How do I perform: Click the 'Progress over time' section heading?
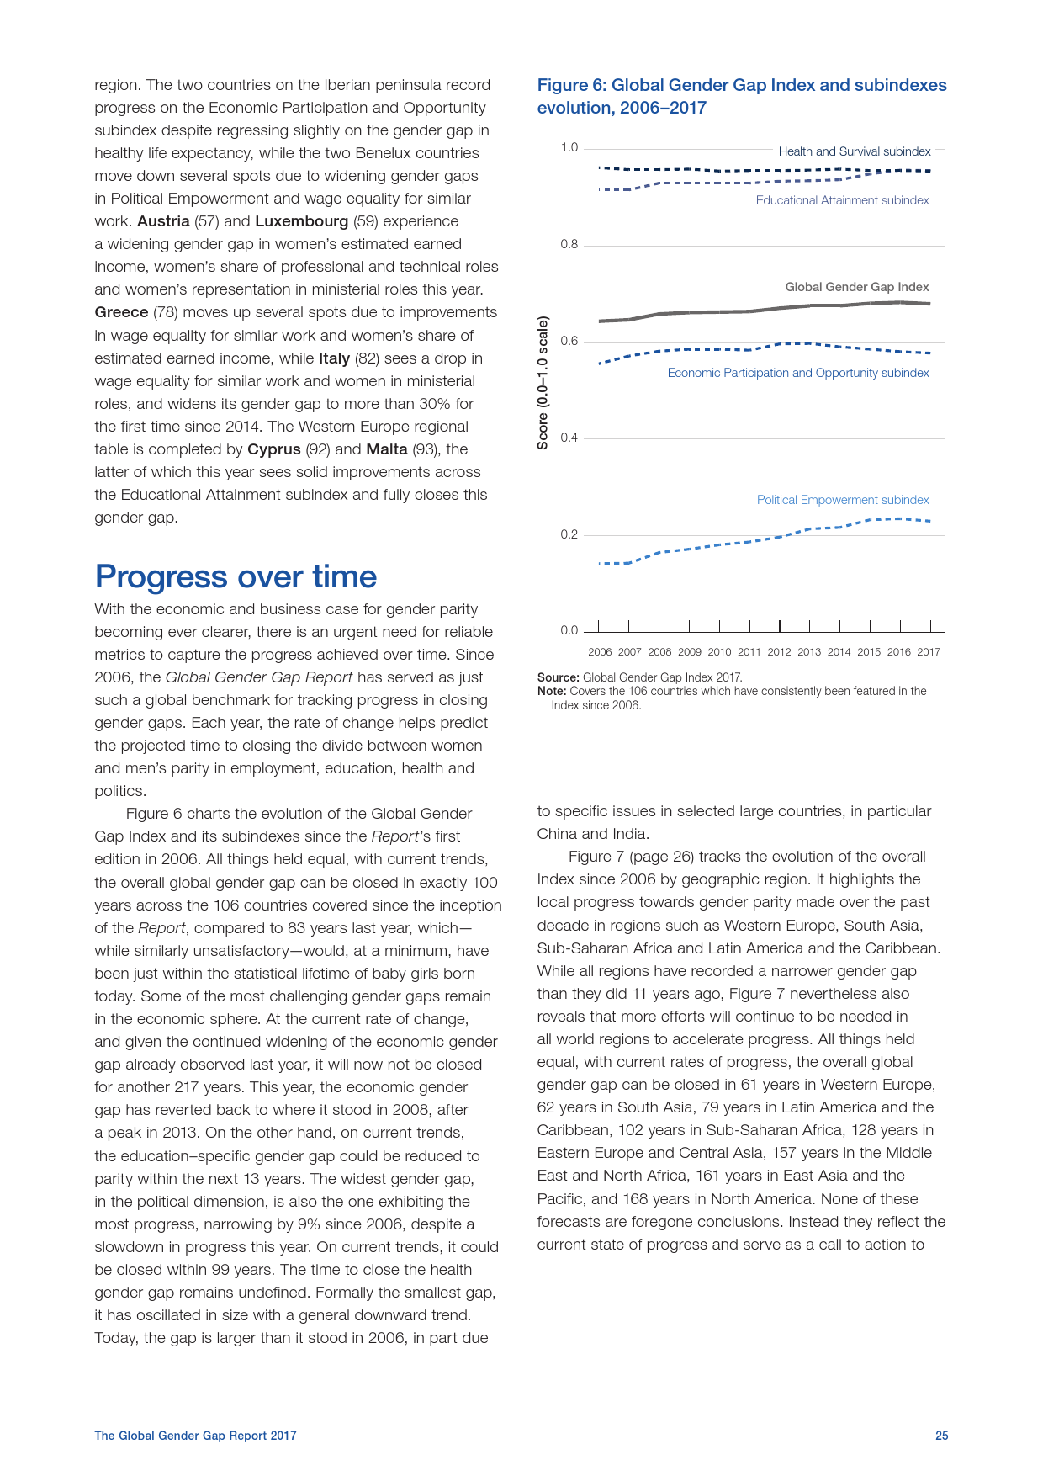(236, 577)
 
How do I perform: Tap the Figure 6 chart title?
(741, 96)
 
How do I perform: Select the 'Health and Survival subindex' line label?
(854, 151)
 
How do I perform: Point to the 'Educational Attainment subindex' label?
(842, 200)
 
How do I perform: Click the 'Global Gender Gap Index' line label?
(856, 287)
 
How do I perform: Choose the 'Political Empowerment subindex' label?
(843, 500)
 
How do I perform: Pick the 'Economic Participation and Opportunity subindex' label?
(797, 373)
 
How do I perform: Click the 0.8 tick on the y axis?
(569, 245)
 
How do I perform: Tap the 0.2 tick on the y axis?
(569, 534)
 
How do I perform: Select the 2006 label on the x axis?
(600, 652)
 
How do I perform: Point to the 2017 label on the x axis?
(929, 652)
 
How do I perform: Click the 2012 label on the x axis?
(779, 652)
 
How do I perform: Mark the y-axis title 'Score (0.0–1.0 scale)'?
(543, 383)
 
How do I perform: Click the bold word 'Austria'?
(163, 221)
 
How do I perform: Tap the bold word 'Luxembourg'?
(301, 221)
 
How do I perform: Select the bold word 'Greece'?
(121, 312)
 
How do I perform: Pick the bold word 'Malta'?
(387, 449)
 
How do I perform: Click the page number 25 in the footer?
(941, 1436)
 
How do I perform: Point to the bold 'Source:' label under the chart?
(558, 677)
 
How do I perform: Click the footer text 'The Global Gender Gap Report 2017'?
(195, 1436)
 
